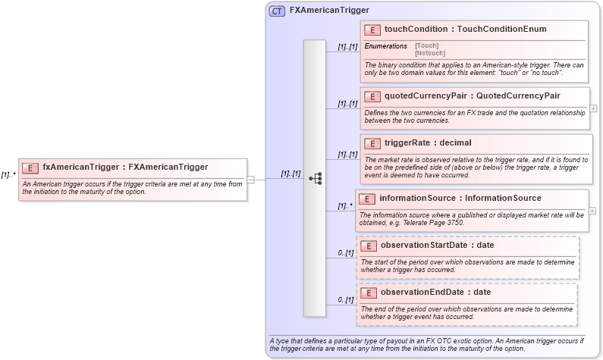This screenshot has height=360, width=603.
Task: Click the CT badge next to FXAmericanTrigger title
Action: (x=278, y=11)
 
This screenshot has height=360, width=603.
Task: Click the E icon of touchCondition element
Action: (x=372, y=30)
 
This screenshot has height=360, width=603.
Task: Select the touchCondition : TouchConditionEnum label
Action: (x=465, y=30)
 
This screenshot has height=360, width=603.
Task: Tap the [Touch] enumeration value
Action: (x=426, y=45)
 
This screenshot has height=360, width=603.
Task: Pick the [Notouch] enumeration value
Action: (x=430, y=53)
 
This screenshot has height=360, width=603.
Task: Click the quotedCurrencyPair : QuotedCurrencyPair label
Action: (x=472, y=95)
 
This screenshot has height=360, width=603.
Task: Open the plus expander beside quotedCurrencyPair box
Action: (x=594, y=108)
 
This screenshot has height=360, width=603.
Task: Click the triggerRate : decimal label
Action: (x=427, y=142)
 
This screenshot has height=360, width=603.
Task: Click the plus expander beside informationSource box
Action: (x=592, y=211)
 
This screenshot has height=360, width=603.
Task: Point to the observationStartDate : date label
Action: (x=437, y=245)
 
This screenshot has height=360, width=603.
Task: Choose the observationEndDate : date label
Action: (x=435, y=292)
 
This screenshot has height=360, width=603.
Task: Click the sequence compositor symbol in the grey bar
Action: (x=315, y=179)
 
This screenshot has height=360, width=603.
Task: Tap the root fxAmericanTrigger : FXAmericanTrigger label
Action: (x=124, y=167)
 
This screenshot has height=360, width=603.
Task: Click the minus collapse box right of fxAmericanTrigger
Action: (x=251, y=180)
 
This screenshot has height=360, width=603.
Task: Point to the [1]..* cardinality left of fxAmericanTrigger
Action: (x=8, y=174)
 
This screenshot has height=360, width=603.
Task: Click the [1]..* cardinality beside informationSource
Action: (x=345, y=205)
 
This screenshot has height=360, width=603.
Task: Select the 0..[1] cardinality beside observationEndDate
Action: (x=345, y=300)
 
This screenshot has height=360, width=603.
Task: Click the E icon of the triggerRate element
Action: (x=372, y=143)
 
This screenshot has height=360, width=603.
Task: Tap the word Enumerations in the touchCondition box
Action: (x=385, y=46)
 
